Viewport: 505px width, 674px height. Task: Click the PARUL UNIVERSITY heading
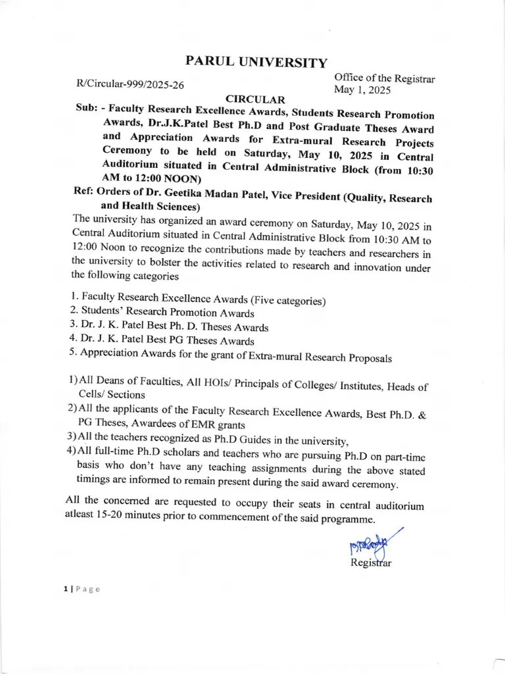pyautogui.click(x=256, y=62)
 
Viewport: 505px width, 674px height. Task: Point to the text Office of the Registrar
pyautogui.click(x=384, y=78)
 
